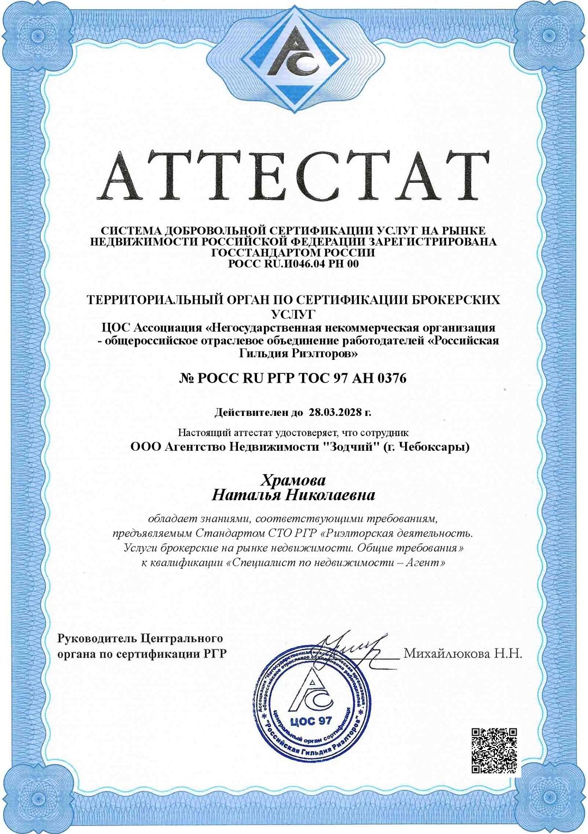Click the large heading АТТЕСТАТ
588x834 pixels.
click(294, 175)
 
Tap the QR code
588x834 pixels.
click(494, 750)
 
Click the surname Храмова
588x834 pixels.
click(293, 480)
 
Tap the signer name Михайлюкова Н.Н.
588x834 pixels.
click(462, 653)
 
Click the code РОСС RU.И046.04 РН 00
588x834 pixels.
click(293, 264)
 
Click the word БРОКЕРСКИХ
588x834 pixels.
click(454, 299)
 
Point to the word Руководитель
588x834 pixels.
click(97, 638)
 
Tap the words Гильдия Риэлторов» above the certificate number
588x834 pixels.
click(298, 353)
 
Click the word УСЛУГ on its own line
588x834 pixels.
click(293, 314)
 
